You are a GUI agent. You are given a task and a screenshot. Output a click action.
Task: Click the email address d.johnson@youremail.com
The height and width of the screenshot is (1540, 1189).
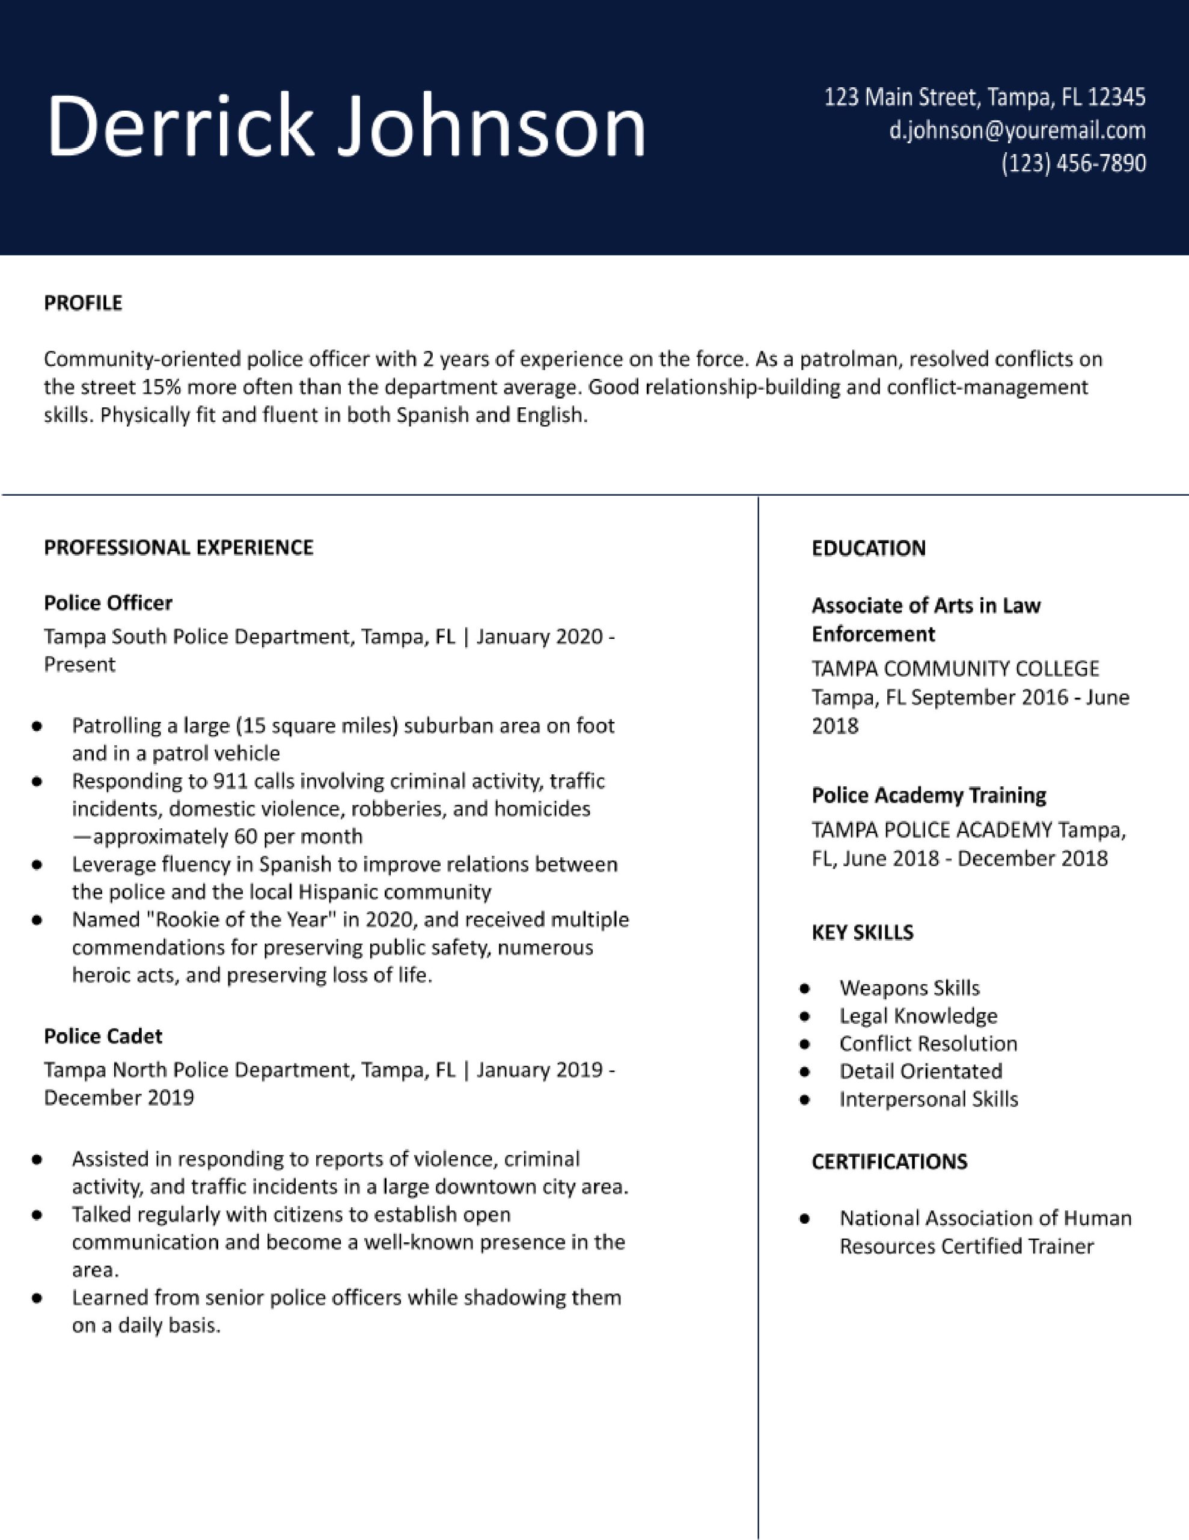[x=1017, y=131]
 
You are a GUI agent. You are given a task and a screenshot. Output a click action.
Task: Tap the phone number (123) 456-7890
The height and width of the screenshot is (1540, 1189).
[x=1074, y=164]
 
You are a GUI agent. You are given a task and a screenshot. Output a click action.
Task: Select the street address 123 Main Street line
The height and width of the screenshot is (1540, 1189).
[x=985, y=97]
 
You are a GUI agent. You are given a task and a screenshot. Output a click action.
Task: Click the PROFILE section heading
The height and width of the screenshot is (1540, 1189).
[x=83, y=303]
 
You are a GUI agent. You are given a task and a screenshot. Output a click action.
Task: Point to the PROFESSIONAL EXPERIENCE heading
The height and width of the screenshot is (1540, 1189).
[x=179, y=548]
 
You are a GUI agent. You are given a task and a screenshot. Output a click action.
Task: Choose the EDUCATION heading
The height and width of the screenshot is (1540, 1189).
[x=869, y=549]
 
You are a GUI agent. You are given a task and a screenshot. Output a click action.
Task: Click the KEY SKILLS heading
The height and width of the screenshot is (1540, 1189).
[x=862, y=933]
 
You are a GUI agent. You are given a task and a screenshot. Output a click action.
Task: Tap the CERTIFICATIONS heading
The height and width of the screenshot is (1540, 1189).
[x=889, y=1162]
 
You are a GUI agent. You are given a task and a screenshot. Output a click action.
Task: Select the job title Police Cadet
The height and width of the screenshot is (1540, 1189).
[x=103, y=1036]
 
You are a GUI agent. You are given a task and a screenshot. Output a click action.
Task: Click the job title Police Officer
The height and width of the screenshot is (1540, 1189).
[x=108, y=603]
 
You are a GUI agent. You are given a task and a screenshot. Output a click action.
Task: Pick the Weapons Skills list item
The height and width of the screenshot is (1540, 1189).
[x=909, y=988]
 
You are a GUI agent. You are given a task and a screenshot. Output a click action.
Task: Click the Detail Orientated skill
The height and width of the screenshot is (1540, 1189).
[x=920, y=1072]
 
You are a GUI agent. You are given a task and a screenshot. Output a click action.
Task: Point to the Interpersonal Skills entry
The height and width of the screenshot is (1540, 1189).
[x=928, y=1099]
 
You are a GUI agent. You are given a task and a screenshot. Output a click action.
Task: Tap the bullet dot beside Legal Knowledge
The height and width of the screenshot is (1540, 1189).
[x=805, y=1017]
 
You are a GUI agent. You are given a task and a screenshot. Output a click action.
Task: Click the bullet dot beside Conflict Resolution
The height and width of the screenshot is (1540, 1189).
[x=805, y=1044]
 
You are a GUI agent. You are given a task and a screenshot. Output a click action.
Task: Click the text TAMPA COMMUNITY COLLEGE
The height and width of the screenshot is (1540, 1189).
[x=955, y=668]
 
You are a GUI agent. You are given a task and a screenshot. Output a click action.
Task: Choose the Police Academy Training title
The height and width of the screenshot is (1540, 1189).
[x=928, y=795]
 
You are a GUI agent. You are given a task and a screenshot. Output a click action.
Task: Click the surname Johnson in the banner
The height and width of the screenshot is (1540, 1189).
[x=491, y=127]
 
